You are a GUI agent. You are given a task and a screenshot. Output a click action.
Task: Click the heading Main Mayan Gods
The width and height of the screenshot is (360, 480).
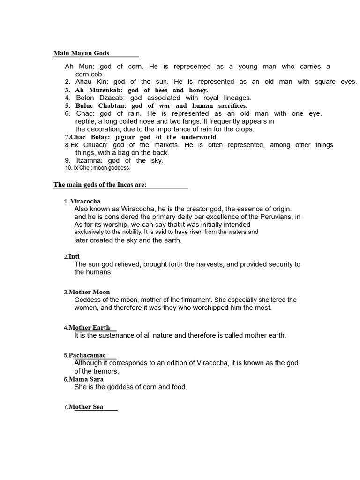(81, 53)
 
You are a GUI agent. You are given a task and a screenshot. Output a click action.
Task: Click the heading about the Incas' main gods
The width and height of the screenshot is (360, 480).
(100, 185)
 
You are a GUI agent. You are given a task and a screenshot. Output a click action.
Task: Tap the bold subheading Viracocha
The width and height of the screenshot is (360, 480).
(85, 201)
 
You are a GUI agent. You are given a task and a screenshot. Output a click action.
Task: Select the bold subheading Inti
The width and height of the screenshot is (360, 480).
(74, 256)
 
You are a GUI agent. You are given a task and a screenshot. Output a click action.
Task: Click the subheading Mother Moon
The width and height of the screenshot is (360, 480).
(89, 292)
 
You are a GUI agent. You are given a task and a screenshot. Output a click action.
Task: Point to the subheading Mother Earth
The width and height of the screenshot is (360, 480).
(89, 328)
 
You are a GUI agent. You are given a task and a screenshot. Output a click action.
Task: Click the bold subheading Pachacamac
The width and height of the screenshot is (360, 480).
(87, 355)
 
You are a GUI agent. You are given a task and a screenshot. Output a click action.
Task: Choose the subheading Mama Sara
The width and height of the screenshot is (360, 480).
(86, 379)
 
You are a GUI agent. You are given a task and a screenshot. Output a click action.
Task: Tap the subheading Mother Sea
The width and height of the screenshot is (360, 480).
(86, 407)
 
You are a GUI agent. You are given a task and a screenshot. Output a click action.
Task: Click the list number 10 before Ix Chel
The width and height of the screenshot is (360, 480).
(68, 168)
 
